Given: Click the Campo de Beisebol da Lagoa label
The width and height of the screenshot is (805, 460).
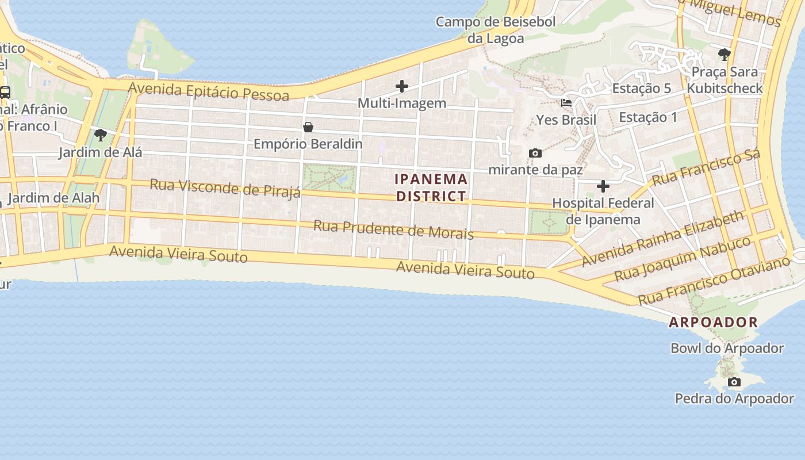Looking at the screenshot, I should point(495,30).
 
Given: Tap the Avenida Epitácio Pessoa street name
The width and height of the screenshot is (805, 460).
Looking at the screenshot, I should point(208,91).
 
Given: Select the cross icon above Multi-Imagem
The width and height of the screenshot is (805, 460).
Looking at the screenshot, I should point(402,87).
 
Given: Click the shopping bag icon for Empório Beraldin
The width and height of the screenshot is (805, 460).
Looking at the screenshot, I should point(308,127).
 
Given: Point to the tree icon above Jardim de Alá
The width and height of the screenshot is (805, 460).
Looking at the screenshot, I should point(101,136).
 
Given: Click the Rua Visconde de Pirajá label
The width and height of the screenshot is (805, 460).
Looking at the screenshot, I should point(225,187).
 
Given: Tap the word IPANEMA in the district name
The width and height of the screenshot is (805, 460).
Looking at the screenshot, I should point(431,179).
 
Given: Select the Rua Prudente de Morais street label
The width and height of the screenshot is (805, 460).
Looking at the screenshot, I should point(393,229).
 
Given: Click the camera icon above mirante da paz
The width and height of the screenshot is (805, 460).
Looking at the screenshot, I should point(535,153).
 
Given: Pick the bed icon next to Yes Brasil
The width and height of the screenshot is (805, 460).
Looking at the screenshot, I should point(566,103).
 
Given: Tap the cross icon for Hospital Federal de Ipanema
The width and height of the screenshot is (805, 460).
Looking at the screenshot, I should point(603,186).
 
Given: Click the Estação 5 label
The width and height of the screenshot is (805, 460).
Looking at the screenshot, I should point(641,89).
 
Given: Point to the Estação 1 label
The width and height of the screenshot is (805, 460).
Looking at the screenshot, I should point(648,117).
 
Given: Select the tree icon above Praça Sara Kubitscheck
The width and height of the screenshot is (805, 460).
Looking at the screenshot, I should point(724,55).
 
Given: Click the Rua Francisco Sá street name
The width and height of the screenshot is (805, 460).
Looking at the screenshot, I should point(706,167).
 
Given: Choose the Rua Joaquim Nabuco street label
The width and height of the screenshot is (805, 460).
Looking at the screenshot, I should point(683,259).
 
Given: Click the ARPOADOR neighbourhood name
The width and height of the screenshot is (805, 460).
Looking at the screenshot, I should point(713,323).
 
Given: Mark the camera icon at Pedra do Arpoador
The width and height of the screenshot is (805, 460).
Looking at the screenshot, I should point(734,382).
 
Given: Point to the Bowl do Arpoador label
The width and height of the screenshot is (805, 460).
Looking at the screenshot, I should point(727,348).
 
